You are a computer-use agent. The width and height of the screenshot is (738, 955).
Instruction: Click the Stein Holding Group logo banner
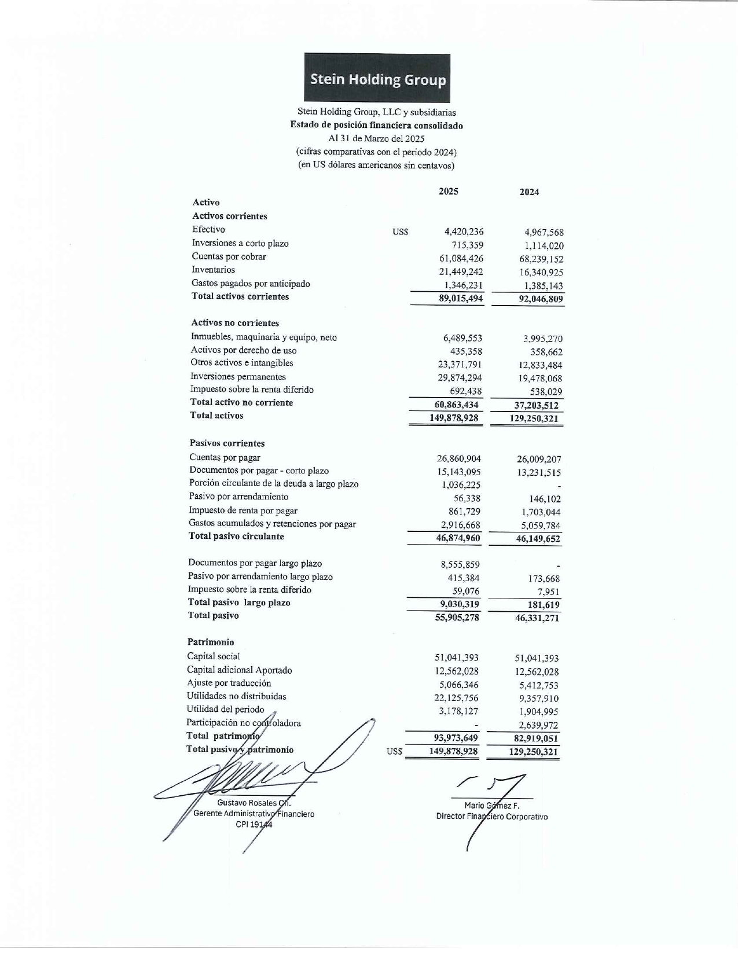pyautogui.click(x=377, y=79)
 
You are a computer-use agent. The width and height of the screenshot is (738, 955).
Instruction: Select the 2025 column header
pyautogui.click(x=449, y=192)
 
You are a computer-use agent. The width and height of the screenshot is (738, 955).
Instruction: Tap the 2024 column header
pyautogui.click(x=529, y=192)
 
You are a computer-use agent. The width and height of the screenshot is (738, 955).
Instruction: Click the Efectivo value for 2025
pyautogui.click(x=464, y=232)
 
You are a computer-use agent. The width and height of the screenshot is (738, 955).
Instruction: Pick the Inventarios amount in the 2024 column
pyautogui.click(x=541, y=273)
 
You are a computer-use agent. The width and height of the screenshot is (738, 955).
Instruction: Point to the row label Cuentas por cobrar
pyautogui.click(x=229, y=256)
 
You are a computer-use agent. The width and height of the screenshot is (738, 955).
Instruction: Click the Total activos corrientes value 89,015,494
pyautogui.click(x=461, y=298)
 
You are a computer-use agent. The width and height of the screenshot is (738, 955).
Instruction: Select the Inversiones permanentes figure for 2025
pyautogui.click(x=460, y=377)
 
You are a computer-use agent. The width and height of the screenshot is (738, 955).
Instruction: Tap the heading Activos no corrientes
pyautogui.click(x=235, y=323)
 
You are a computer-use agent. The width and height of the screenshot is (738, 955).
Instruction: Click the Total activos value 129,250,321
pyautogui.click(x=534, y=418)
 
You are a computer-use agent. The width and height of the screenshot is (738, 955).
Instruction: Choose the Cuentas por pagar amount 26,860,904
pyautogui.click(x=458, y=459)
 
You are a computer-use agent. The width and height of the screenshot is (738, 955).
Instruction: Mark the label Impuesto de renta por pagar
pyautogui.click(x=243, y=510)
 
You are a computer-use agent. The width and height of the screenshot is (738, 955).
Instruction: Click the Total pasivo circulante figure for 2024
pyautogui.click(x=538, y=539)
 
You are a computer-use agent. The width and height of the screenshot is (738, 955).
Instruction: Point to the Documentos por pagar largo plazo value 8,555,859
pyautogui.click(x=460, y=564)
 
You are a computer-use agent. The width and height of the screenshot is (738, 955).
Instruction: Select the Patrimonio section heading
pyautogui.click(x=211, y=642)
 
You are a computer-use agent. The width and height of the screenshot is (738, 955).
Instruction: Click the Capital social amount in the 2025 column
pyautogui.click(x=456, y=658)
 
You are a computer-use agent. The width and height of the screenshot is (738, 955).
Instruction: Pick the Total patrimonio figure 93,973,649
pyautogui.click(x=456, y=737)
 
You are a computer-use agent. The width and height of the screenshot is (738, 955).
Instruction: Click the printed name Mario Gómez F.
pyautogui.click(x=492, y=805)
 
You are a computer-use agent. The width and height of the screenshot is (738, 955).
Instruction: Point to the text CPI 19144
pyautogui.click(x=254, y=825)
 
